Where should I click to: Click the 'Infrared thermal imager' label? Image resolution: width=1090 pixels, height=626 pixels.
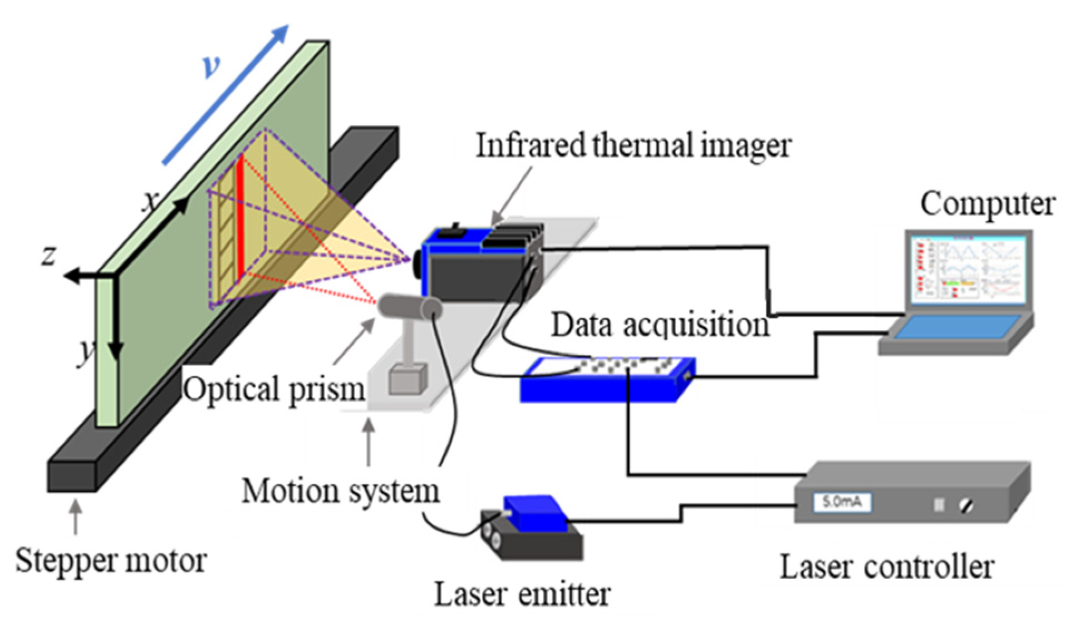click(633, 145)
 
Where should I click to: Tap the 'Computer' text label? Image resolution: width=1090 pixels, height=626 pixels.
click(987, 204)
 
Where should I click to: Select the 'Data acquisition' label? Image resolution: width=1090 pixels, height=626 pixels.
click(660, 325)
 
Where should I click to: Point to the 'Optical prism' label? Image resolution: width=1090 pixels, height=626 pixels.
click(274, 389)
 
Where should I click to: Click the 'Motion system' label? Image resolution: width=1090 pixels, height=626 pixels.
click(340, 491)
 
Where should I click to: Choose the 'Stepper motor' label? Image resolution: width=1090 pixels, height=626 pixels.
click(111, 560)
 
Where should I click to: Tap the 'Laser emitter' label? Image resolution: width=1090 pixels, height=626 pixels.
click(522, 594)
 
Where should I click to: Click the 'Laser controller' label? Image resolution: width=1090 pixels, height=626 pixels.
click(886, 568)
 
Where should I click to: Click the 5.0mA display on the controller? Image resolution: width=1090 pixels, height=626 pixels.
click(842, 502)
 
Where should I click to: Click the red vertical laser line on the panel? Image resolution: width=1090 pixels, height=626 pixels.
click(240, 217)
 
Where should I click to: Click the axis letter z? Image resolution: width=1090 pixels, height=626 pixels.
click(49, 255)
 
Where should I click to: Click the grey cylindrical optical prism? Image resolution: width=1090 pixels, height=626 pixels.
click(409, 307)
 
